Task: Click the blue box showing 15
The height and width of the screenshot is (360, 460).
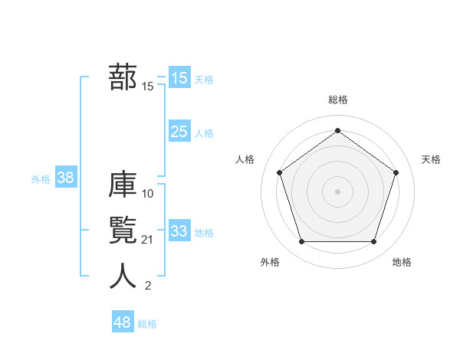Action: point(179,78)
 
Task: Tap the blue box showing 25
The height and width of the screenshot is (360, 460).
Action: point(179,132)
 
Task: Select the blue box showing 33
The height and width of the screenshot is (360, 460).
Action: point(179,231)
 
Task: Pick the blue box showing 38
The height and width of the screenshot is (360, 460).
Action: point(65,178)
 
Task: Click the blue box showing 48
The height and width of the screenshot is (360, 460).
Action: point(122,322)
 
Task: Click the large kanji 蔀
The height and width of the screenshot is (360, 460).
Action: point(123,77)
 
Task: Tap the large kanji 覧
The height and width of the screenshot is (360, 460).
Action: point(123,231)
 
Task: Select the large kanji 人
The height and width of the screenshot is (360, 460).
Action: point(123,277)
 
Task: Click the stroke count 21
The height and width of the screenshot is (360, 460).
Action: point(148,240)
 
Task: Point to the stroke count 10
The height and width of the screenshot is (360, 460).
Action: point(148,194)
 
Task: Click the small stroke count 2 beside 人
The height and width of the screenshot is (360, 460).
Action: point(148,286)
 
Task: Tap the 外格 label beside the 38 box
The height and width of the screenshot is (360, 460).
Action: point(41,179)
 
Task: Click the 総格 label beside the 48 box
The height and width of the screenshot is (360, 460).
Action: point(147,324)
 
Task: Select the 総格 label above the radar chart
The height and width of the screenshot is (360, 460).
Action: point(337,100)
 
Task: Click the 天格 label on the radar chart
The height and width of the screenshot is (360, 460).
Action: point(431,159)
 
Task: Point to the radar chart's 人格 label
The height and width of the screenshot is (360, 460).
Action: point(245,159)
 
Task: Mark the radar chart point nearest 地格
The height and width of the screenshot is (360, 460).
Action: point(373,242)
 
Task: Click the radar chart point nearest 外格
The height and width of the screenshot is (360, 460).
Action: point(301,242)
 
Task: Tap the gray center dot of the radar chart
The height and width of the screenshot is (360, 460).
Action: point(337,191)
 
